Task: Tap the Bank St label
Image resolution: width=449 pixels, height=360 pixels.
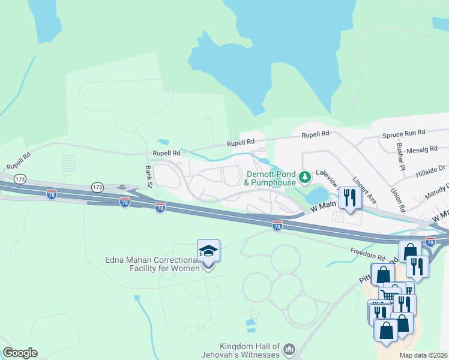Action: [148, 176]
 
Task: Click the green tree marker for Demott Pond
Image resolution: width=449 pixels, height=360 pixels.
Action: [306, 176]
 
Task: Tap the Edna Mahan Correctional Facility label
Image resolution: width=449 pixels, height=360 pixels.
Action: [152, 264]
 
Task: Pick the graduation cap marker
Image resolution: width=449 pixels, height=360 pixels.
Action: [208, 251]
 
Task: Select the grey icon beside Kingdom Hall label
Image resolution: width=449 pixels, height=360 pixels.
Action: [289, 349]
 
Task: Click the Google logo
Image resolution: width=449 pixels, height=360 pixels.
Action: [20, 353]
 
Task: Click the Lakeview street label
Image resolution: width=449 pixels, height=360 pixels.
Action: [328, 176]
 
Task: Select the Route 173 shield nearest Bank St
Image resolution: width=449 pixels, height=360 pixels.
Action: [98, 188]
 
